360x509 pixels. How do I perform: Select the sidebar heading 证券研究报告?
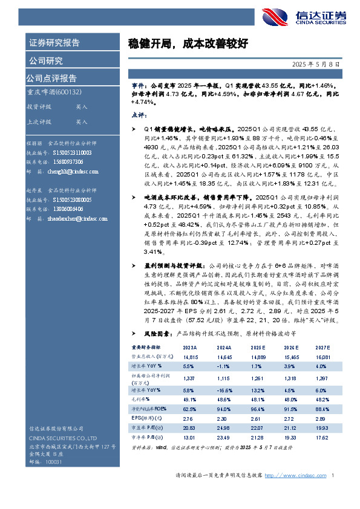tap(54, 43)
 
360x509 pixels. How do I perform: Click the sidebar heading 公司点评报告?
tap(51, 78)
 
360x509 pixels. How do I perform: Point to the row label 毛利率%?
tap(142, 400)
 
